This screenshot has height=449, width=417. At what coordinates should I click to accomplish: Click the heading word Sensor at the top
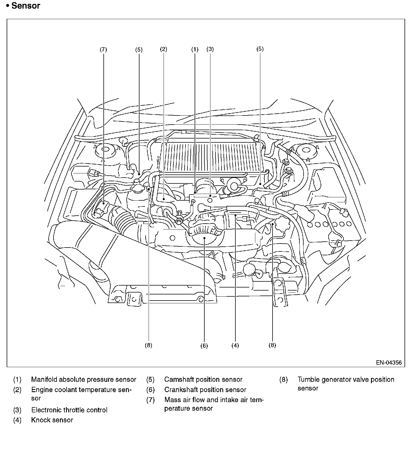click(x=26, y=6)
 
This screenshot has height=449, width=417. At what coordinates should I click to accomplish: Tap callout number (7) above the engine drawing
click(x=103, y=49)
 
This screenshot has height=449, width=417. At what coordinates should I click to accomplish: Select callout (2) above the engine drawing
click(x=164, y=49)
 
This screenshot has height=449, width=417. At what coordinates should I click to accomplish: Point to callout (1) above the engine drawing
click(x=195, y=49)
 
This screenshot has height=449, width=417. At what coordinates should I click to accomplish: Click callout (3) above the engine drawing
click(x=210, y=49)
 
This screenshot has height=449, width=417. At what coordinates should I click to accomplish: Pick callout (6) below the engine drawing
click(x=204, y=345)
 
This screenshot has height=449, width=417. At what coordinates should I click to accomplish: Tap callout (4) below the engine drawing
click(x=235, y=345)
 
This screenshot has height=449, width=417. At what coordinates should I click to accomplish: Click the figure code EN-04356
click(x=389, y=362)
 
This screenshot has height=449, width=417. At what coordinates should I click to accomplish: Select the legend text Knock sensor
click(x=52, y=420)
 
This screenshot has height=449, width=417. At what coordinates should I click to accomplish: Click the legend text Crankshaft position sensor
click(x=205, y=390)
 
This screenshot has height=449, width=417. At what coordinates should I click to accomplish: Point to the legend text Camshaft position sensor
click(x=203, y=379)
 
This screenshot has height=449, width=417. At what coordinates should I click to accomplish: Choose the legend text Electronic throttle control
click(x=69, y=410)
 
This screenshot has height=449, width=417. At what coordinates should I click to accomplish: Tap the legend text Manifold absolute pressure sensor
click(x=83, y=379)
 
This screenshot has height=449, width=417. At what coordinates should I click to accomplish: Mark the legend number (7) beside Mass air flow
click(x=150, y=400)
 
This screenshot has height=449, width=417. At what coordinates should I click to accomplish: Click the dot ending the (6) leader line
click(x=204, y=238)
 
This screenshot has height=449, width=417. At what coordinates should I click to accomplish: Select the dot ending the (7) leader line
click(x=103, y=203)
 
